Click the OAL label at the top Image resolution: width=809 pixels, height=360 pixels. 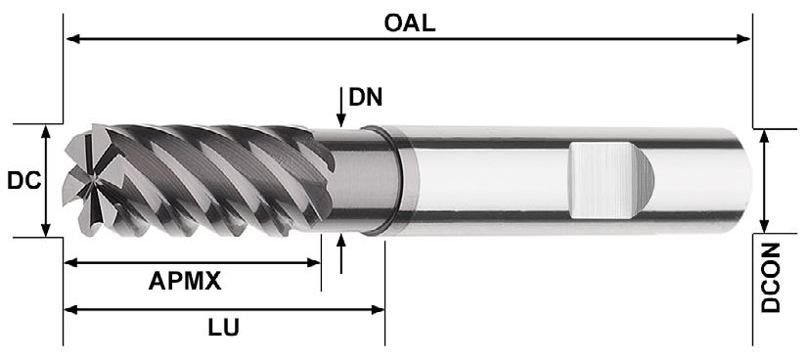(410, 23)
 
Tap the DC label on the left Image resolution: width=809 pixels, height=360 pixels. (23, 181)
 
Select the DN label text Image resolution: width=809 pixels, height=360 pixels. (366, 97)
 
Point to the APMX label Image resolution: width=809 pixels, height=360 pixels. (185, 281)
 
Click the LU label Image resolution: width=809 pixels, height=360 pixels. (224, 328)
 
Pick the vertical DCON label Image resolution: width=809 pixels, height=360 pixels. (771, 278)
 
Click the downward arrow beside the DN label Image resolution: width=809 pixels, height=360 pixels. (340, 107)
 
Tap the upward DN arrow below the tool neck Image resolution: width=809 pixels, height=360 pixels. (340, 253)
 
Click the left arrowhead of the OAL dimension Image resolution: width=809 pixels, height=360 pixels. (72, 39)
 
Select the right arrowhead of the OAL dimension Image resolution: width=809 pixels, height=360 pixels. (743, 39)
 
